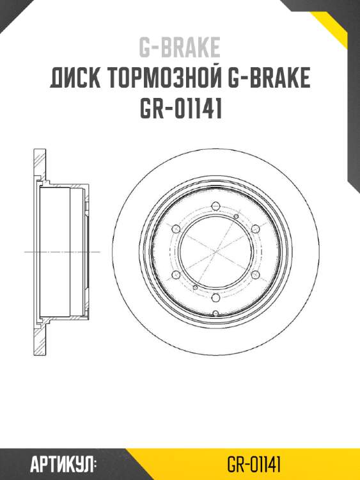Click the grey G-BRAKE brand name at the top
click(180, 48)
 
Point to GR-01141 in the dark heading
click(180, 109)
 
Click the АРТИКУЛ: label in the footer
click(63, 463)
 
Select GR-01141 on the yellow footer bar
click(255, 463)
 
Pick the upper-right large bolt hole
click(255, 228)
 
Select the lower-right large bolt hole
click(255, 275)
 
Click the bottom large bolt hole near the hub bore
click(215, 297)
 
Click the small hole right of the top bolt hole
click(236, 217)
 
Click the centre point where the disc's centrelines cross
click(215, 252)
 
